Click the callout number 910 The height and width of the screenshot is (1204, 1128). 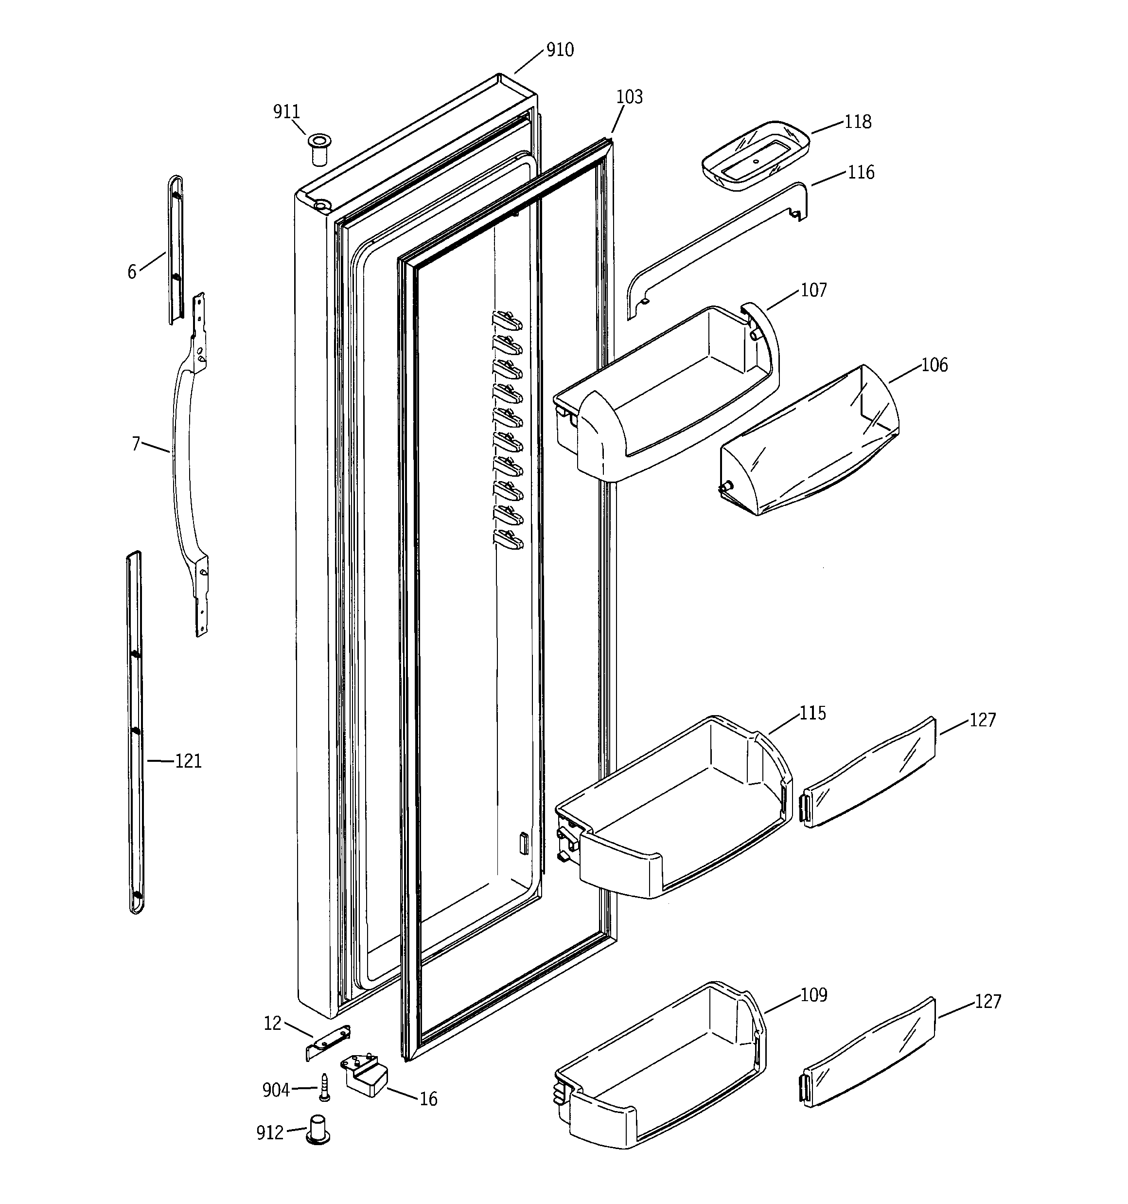coord(560,50)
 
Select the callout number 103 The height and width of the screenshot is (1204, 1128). coord(629,97)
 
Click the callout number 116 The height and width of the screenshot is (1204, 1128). coord(861,173)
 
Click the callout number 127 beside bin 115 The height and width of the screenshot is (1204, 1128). coord(982,719)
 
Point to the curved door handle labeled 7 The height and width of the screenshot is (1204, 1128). coord(182,460)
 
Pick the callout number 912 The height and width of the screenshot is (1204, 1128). coord(269,1132)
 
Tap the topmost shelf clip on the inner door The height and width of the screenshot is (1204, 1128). coord(508,319)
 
